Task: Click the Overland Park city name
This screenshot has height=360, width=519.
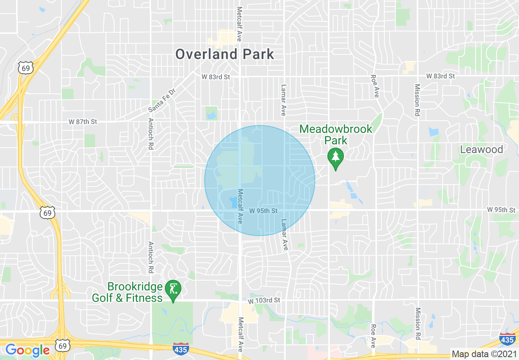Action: (225, 54)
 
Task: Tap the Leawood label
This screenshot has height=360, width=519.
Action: (481, 149)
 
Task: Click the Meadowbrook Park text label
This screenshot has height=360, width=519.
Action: (336, 135)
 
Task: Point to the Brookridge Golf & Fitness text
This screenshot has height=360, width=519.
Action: (127, 292)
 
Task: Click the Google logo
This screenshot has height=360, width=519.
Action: (28, 350)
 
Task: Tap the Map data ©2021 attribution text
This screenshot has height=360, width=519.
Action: (484, 354)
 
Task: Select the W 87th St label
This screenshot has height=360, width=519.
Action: (83, 122)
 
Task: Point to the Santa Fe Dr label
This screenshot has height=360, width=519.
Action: (161, 101)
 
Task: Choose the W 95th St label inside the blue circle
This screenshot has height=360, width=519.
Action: (264, 211)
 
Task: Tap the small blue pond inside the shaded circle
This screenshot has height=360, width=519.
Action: (232, 201)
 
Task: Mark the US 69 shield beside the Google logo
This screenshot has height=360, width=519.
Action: (62, 346)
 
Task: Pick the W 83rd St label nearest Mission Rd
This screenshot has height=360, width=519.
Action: (440, 76)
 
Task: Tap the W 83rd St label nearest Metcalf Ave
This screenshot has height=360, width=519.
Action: (216, 76)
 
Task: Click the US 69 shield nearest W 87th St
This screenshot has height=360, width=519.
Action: (26, 68)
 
